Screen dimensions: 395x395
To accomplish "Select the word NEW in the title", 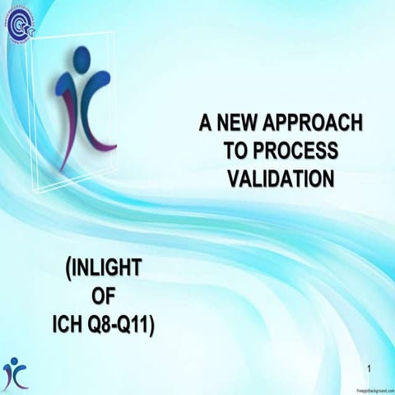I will pyautogui.click(x=238, y=124).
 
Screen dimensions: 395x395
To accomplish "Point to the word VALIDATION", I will pyautogui.click(x=279, y=177).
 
